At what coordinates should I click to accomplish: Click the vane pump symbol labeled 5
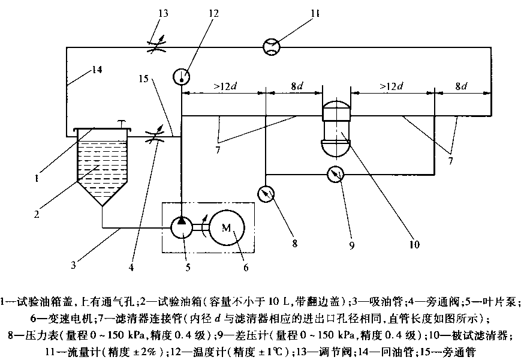(x=182, y=228)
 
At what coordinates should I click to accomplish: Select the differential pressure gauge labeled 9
(x=335, y=175)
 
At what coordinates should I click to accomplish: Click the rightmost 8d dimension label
(x=462, y=86)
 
